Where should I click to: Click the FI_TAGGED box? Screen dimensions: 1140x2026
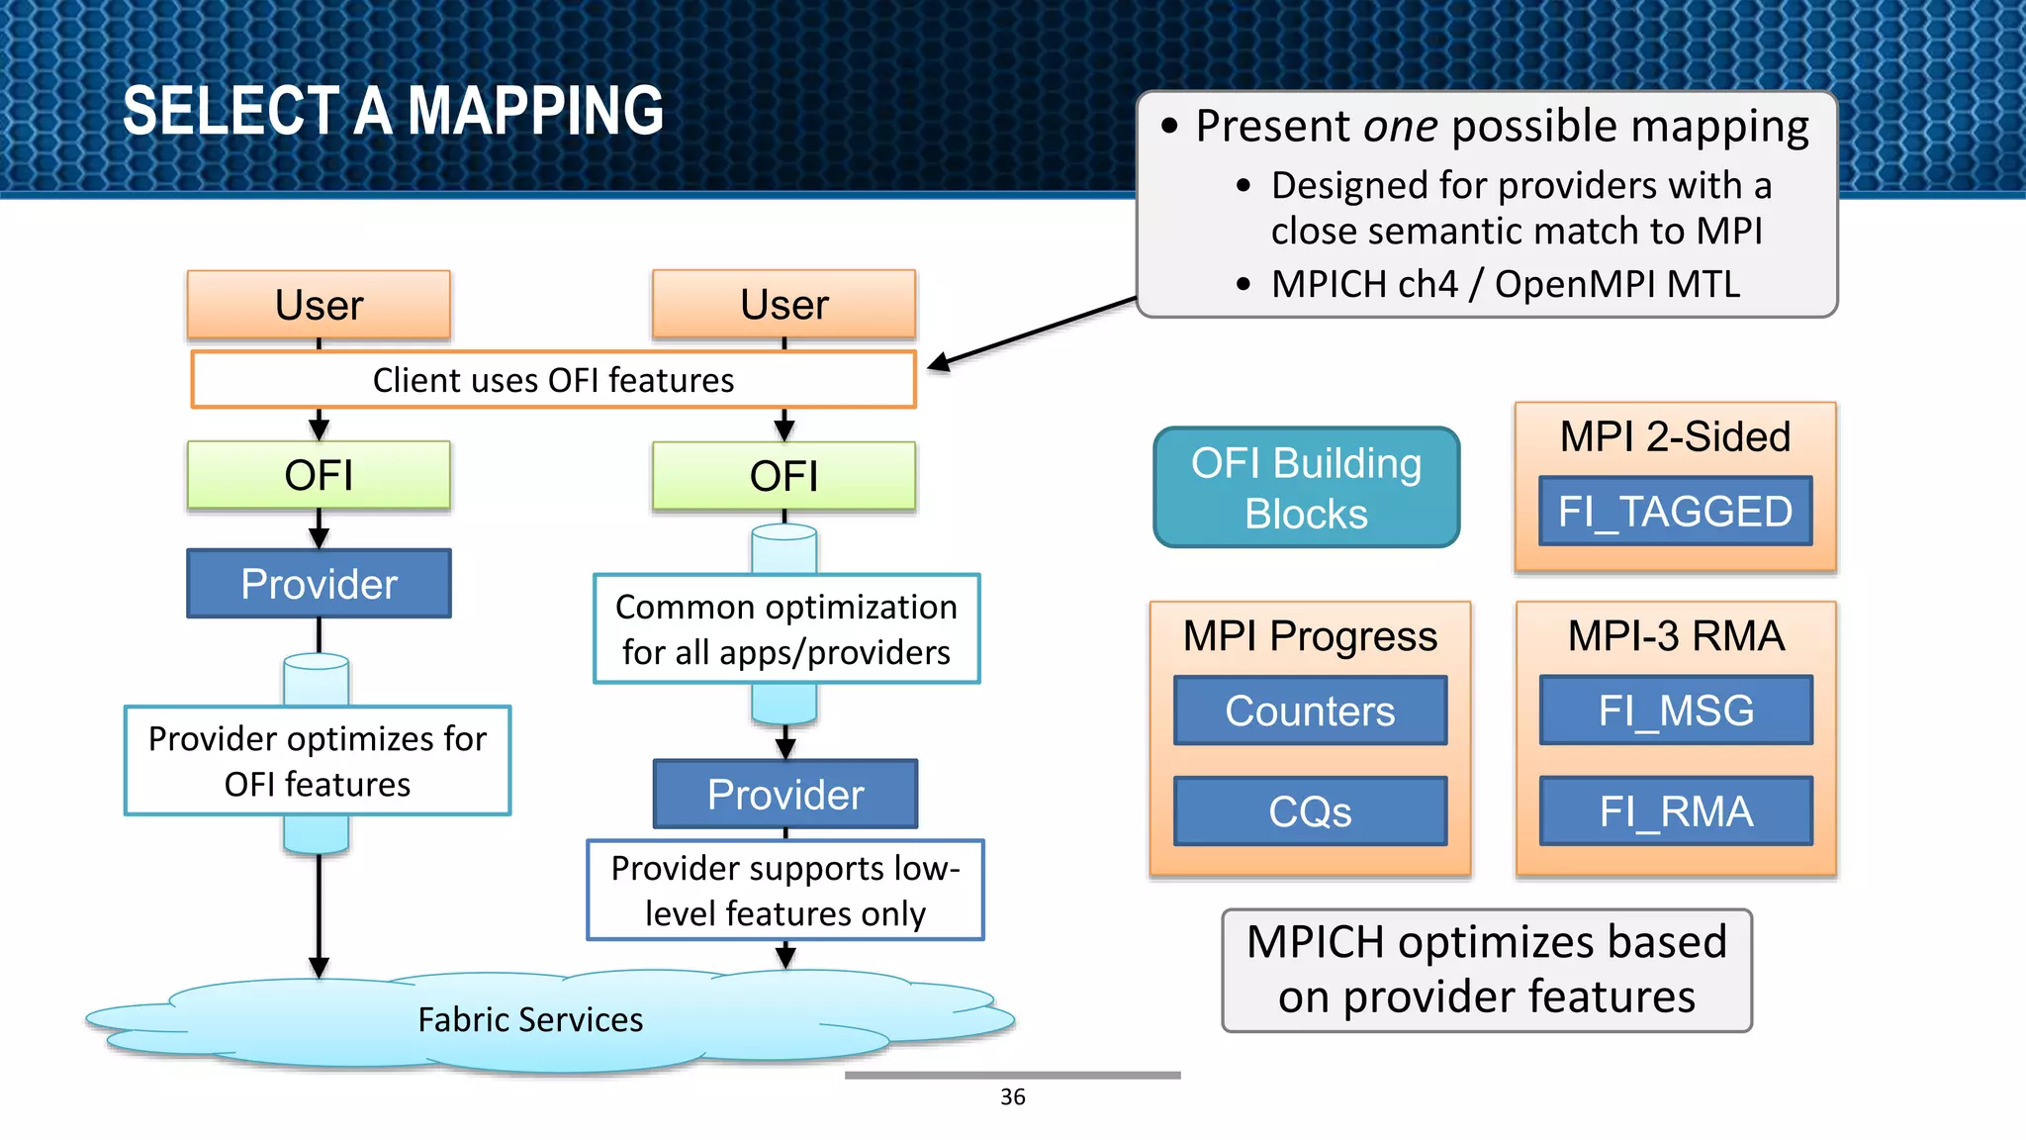coord(1675,511)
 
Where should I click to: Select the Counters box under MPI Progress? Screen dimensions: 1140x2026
coord(1310,711)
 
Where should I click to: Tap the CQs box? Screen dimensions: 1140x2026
coord(1310,811)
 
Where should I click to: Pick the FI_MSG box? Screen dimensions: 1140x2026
coord(1676,711)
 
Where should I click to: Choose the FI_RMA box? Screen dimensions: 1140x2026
coord(1676,811)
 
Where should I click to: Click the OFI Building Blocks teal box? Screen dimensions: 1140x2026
coord(1306,488)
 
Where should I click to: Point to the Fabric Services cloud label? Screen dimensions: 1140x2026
coord(530,1019)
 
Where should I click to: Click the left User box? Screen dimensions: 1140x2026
coord(319,305)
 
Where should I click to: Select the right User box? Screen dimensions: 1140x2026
coord(783,305)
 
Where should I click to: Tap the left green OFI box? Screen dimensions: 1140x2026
coord(319,475)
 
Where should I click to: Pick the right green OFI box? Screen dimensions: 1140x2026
coord(783,476)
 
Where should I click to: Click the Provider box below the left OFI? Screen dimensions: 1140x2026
coord(319,584)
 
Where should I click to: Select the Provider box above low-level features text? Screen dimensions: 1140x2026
coord(785,794)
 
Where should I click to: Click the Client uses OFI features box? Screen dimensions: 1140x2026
coord(553,380)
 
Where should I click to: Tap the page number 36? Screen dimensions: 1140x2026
coord(1012,1096)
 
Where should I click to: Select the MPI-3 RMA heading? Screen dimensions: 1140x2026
coord(1676,635)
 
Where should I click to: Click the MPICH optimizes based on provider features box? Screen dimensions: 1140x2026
coord(1486,970)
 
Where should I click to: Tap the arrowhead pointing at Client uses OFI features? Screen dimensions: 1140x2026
coord(938,363)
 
